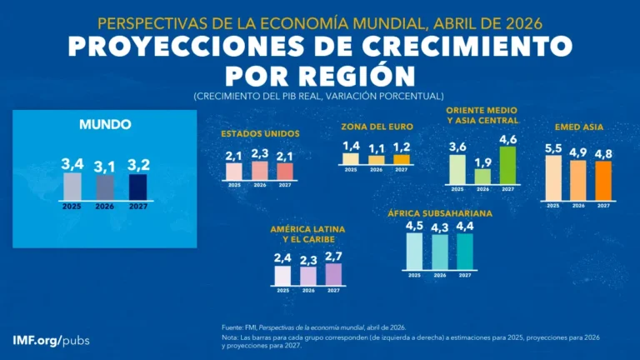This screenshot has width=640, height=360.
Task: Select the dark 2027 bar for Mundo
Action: [x=137, y=187]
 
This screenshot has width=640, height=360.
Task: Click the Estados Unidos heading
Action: [x=260, y=133]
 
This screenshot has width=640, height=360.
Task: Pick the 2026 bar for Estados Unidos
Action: [x=260, y=171]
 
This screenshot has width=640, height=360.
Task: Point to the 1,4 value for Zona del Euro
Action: [x=351, y=146]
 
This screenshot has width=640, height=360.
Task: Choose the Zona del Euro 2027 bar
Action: [x=402, y=159]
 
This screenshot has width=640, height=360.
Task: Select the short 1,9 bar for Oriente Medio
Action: [x=482, y=176]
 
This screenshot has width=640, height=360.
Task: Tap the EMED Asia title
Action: [x=578, y=127]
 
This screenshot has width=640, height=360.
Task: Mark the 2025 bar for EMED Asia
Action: [x=553, y=177]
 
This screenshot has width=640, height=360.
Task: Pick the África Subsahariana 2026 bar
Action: [x=439, y=252]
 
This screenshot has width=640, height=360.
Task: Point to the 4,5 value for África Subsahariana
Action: [x=414, y=225]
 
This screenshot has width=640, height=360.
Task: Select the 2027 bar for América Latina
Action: [x=333, y=274]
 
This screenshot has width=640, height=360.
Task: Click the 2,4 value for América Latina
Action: [x=283, y=258]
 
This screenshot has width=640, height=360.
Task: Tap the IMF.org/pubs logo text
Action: [x=52, y=341]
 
